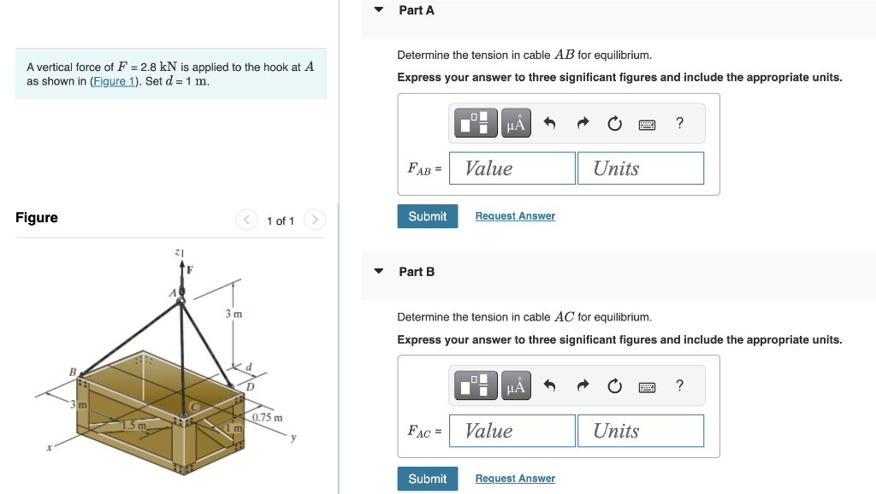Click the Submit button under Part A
pos(427,216)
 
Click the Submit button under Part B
pos(427,479)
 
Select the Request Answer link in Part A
pos(515,216)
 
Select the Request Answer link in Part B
pos(515,479)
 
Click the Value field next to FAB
pos(512,168)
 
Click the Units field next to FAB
pos(640,168)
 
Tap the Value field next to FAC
pos(512,431)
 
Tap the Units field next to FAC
pos(640,431)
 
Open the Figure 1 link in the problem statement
pos(114,82)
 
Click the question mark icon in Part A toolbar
pos(679,123)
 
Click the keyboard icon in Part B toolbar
pos(647,386)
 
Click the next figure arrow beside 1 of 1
pos(314,221)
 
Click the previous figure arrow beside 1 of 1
pos(246,221)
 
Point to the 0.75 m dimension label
pos(268,417)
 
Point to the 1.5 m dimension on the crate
pos(133,425)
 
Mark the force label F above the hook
pos(190,270)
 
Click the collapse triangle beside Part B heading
pos(379,272)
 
